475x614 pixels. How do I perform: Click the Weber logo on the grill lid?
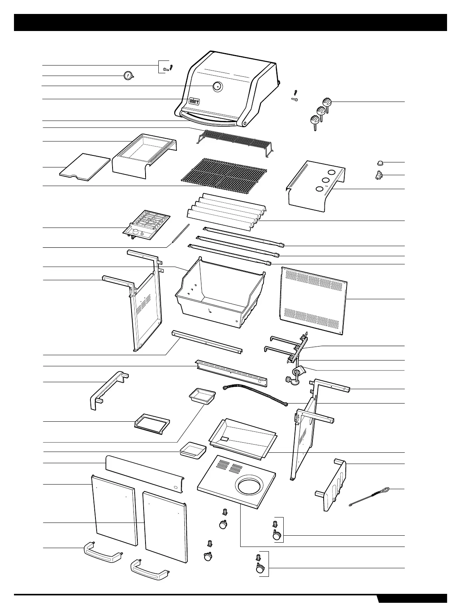pos(194,101)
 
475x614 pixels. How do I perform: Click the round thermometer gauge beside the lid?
pos(127,76)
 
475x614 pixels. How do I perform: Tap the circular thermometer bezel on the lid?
pos(217,86)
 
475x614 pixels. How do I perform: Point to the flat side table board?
pos(85,167)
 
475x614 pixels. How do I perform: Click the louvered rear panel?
pos(314,300)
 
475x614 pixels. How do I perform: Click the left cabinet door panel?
pos(114,510)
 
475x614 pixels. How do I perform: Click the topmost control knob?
pos(328,103)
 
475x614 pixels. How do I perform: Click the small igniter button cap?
pos(380,162)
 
